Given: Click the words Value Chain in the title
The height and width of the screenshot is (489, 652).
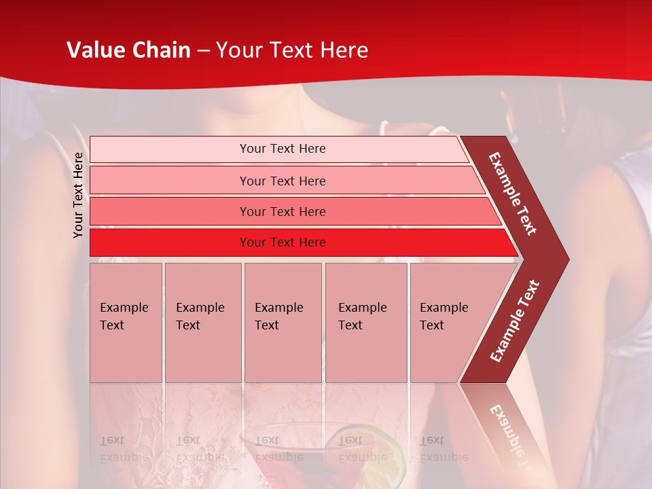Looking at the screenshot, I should [128, 50].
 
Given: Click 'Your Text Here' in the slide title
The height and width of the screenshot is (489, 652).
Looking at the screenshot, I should [291, 50].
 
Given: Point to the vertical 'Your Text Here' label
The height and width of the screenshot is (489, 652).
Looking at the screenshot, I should [78, 195].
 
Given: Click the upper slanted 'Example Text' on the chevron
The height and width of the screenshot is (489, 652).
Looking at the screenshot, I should [513, 194].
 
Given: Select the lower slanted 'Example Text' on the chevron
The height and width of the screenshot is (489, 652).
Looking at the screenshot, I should [515, 321].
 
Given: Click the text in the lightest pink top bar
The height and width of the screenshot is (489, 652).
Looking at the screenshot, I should [283, 149].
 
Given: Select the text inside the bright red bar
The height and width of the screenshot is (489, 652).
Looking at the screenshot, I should [283, 242].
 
